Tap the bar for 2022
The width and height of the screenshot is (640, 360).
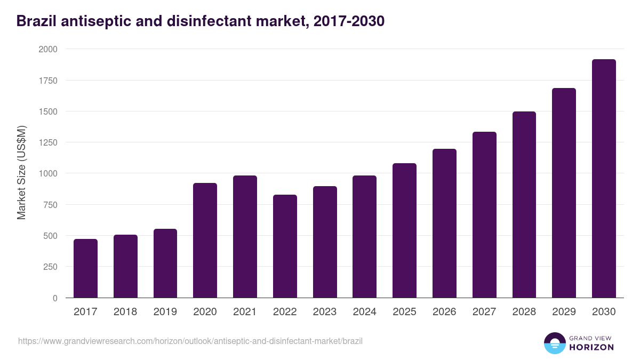[x=285, y=246]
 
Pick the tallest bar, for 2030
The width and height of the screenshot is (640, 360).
[x=604, y=179]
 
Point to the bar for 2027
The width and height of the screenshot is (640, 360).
[x=484, y=214]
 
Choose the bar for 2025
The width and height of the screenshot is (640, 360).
[x=404, y=230]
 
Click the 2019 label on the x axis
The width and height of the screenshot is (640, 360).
[x=165, y=312]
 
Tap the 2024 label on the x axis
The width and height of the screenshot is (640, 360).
[x=364, y=312]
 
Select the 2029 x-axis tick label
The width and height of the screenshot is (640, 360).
[x=564, y=312]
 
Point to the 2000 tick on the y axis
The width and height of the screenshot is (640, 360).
[x=48, y=49]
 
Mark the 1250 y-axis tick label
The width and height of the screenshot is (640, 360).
[x=48, y=142]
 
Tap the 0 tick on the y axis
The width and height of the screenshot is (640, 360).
[x=55, y=298]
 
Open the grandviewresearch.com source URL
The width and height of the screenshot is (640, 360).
[x=190, y=341]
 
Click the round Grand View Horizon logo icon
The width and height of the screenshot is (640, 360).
[x=555, y=343]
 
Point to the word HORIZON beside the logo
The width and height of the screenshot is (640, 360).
[x=591, y=347]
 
